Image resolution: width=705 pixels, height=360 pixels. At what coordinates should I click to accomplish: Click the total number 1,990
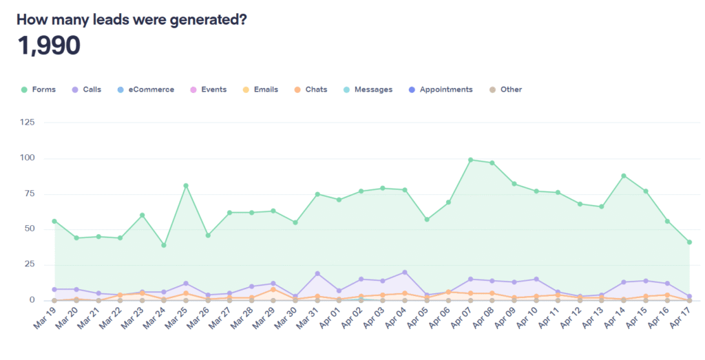(49, 46)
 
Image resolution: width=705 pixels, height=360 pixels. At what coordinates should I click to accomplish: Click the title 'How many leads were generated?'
(131, 19)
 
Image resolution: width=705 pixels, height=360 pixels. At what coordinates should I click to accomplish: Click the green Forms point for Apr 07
(470, 160)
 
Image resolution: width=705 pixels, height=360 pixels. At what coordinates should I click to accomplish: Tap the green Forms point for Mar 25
(186, 185)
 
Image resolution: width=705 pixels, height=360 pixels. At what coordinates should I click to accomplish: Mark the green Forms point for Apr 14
(624, 176)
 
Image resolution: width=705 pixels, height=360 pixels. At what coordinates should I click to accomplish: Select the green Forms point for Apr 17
(689, 242)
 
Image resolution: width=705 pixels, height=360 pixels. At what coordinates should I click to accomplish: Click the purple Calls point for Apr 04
(405, 272)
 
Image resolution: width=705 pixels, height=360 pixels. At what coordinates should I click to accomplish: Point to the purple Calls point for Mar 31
(317, 273)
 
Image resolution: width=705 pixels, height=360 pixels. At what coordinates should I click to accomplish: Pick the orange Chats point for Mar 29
(273, 289)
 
